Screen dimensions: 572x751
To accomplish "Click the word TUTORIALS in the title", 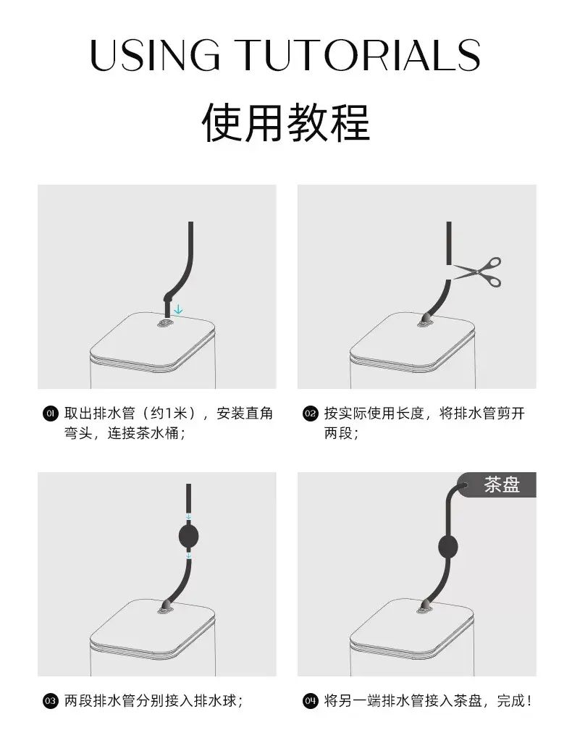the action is coord(358,54).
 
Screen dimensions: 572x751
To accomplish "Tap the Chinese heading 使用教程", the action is coord(286,122).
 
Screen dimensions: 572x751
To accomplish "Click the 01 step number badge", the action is coord(50,414).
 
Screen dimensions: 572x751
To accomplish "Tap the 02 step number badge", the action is coord(310,414).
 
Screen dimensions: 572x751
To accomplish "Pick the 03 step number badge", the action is coord(50,701).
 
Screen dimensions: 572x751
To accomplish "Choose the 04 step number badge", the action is coord(310,701).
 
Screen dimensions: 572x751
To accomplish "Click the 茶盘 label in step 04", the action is coord(502,484).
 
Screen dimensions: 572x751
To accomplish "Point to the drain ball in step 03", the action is coord(188,536).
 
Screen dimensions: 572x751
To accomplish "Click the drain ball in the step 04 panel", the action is coord(448,547).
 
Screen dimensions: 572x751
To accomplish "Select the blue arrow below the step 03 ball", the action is coord(188,555).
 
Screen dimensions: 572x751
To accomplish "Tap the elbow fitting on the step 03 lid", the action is coord(166,606).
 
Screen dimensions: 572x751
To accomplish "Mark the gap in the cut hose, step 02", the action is coord(449,272).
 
